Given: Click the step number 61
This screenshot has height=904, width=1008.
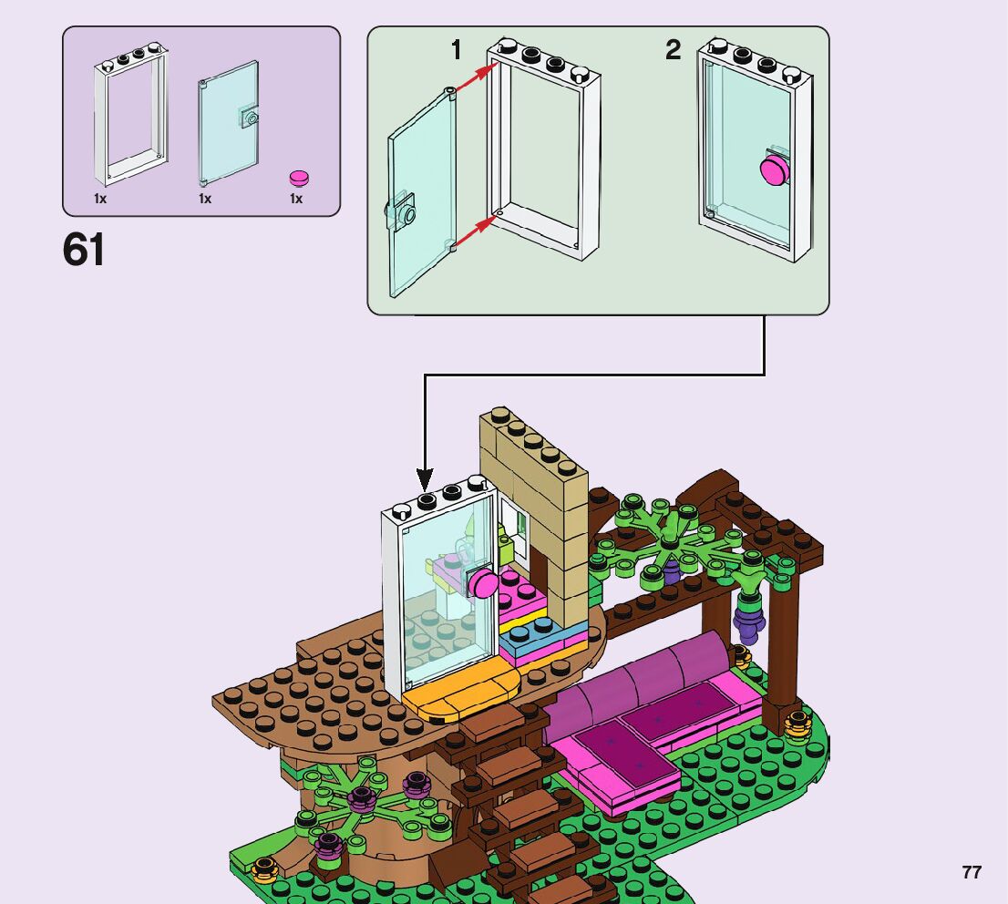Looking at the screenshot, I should pos(84,250).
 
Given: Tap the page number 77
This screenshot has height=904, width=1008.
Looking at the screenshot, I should pos(972,872).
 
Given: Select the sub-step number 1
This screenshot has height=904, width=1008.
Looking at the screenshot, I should pos(457,51).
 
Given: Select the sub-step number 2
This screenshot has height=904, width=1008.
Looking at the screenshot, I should pos(673,51).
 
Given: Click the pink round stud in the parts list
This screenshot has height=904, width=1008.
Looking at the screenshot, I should pos(297,177).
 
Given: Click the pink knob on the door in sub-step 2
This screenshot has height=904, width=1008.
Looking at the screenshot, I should pos(775,170).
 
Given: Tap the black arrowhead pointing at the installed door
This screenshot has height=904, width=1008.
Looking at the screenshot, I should pos(425,479).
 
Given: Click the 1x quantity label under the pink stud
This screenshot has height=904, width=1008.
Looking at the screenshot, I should pos(296,199).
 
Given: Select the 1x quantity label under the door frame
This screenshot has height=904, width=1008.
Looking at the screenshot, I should pos(100,199).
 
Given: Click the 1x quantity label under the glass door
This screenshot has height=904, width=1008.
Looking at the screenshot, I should pos(205,199).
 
